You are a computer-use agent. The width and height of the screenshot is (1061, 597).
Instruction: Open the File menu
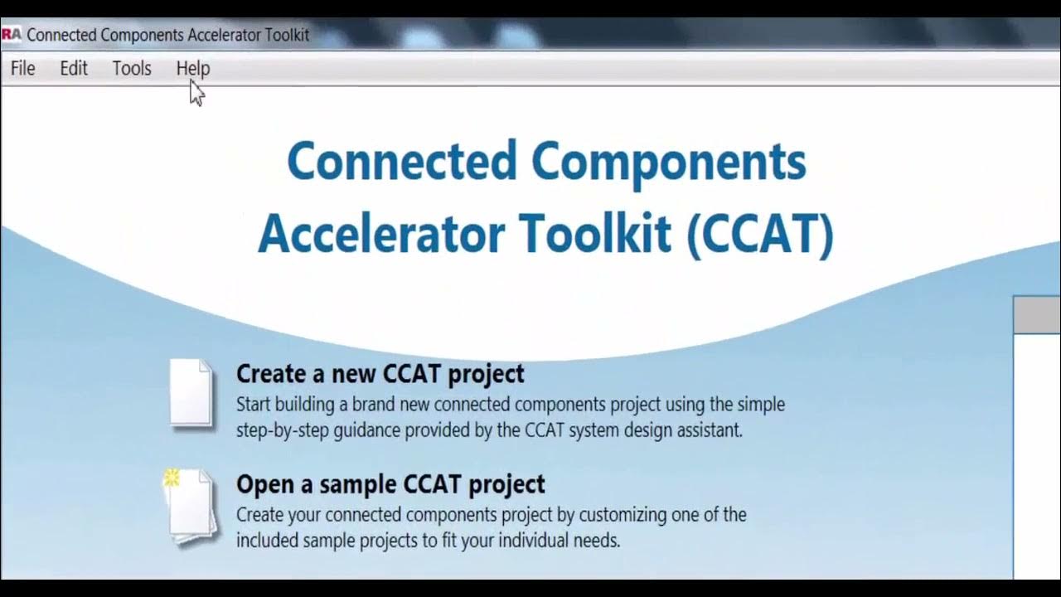point(22,69)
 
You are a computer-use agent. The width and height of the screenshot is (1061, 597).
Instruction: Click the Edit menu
point(73,69)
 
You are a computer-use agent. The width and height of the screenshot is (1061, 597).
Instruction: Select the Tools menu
point(132,69)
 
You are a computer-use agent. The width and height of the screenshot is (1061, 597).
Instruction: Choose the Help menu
point(192,69)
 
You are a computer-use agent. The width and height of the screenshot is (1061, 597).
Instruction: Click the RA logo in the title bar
point(11,35)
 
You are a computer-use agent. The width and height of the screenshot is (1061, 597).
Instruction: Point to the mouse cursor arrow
point(195,91)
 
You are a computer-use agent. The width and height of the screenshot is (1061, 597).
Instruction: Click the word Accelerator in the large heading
point(380,235)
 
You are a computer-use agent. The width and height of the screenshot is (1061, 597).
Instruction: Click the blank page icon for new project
point(191,392)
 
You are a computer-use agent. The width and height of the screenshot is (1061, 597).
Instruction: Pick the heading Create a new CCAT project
point(380,374)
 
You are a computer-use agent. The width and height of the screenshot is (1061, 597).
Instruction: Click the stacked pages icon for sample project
point(192,506)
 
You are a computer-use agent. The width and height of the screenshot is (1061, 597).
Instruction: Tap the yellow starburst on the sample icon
point(172,477)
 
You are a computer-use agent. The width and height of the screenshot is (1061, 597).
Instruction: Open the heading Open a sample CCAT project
point(390,484)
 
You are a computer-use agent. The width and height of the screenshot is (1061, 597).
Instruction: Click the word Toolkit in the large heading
point(594,235)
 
